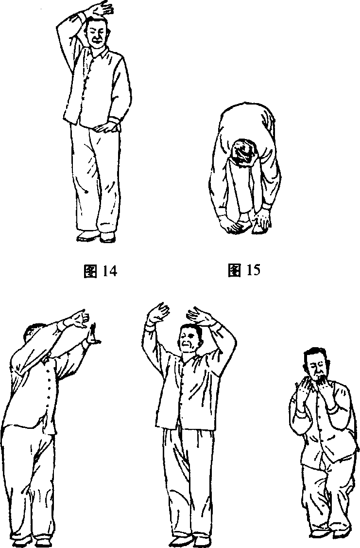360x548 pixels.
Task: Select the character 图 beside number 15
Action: click(x=235, y=270)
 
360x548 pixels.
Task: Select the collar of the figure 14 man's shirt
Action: click(x=100, y=53)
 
